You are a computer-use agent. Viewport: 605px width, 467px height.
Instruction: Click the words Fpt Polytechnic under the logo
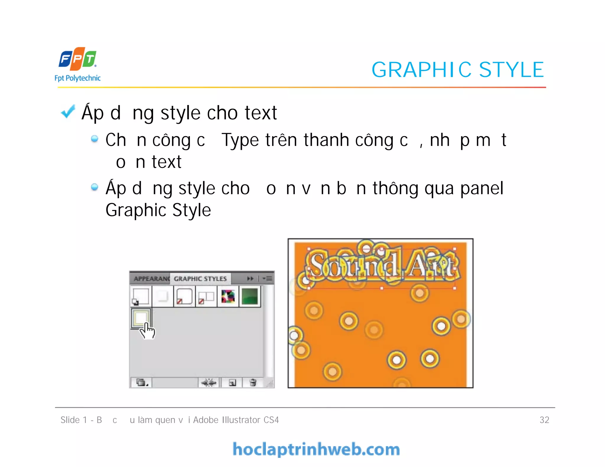[77, 78]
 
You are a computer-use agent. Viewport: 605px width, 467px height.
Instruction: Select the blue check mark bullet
[68, 112]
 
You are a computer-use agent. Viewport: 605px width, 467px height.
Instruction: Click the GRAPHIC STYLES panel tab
[200, 279]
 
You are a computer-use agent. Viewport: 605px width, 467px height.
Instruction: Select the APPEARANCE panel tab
[151, 279]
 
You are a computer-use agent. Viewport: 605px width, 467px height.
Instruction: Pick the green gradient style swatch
[250, 296]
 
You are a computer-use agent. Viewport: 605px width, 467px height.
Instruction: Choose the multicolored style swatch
[228, 296]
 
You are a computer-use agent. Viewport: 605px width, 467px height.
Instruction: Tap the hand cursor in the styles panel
[147, 331]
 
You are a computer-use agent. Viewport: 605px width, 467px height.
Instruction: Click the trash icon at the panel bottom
[253, 383]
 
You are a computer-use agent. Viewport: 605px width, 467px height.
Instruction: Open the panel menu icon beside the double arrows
[268, 278]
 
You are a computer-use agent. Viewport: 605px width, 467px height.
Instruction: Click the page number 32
[544, 420]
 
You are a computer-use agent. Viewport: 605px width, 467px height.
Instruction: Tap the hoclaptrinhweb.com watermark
[316, 449]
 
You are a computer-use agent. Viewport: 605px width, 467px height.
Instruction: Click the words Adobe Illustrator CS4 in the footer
[236, 420]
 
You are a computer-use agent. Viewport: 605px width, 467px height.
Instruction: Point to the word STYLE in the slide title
[511, 70]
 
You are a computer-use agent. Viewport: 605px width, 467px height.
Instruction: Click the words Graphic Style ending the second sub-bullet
[158, 210]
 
